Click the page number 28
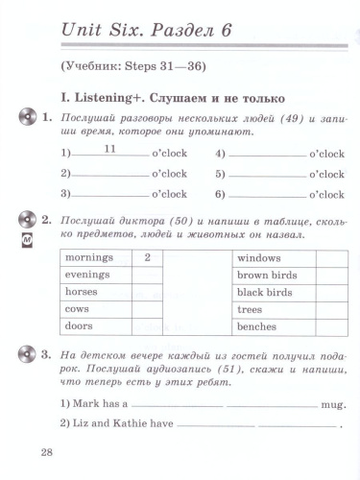pyautogui.click(x=47, y=452)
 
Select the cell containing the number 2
pyautogui.click(x=147, y=258)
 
